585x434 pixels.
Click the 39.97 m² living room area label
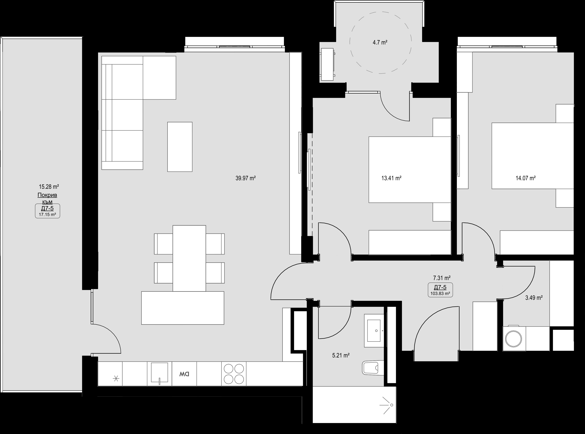click(246, 178)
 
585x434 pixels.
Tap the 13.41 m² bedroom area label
click(391, 178)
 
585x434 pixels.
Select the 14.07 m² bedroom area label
click(526, 178)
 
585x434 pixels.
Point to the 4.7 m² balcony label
click(380, 42)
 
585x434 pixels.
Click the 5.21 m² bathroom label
click(341, 356)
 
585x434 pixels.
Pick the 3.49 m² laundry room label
click(534, 298)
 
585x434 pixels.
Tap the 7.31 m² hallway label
click(442, 278)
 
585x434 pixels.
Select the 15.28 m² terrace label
click(49, 187)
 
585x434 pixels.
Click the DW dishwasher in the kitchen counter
click(184, 374)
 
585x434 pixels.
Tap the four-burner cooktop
click(234, 374)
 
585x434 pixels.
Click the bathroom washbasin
click(374, 331)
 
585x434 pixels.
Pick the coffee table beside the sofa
click(180, 147)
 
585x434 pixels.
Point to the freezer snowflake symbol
click(116, 379)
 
